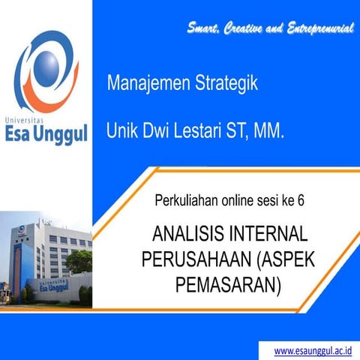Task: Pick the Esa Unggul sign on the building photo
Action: tap(58, 284)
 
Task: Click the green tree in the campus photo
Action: tap(78, 260)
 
